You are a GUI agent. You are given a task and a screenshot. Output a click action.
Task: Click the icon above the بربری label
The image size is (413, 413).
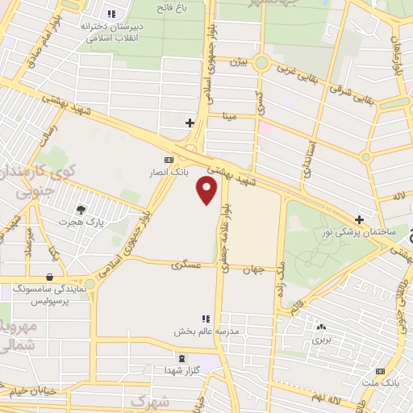coord(322,327)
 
